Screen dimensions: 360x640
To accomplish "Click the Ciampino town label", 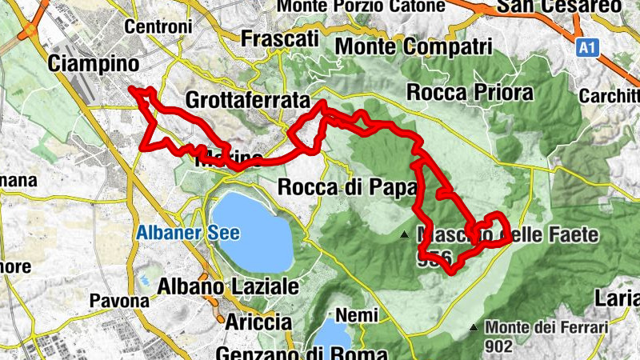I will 94,62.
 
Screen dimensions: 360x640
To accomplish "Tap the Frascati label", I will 280,39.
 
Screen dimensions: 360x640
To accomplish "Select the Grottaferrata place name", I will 247,101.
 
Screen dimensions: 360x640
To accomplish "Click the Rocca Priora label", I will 470,92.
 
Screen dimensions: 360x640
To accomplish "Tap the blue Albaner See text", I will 188,234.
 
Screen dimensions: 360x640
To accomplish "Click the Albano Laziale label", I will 229,286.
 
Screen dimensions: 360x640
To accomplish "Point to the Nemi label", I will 357,315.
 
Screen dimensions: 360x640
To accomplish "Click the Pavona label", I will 120,302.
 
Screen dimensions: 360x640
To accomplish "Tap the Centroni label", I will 159,26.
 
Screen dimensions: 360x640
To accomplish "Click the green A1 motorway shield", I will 588,49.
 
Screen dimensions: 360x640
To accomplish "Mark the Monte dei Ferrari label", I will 547,327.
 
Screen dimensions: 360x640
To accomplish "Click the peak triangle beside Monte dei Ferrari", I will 474,327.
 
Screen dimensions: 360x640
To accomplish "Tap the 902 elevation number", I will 498,346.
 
